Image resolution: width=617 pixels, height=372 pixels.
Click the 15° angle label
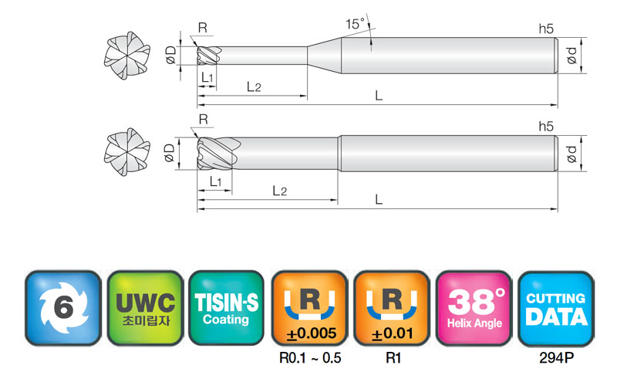pos(355,24)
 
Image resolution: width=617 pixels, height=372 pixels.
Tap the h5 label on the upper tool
pos(546,29)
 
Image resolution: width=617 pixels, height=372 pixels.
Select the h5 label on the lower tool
pos(546,127)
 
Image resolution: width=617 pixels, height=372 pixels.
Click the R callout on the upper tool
pos(203,28)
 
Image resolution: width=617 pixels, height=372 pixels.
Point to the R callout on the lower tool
pos(203,120)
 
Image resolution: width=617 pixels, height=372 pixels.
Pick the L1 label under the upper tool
pos(207,77)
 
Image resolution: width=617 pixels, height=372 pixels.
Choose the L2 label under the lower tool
pos(279,191)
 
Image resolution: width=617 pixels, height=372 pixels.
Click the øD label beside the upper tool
pos(170,55)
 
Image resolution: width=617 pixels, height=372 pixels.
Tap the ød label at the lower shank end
pos(571,154)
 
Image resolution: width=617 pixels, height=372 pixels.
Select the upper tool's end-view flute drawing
pos(127,56)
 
